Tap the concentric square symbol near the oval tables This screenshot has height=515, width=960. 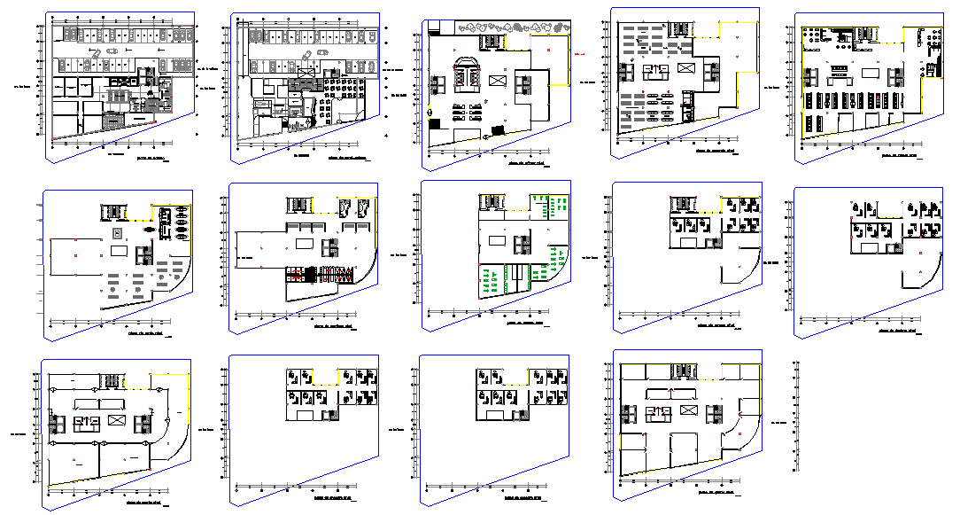click(117, 231)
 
